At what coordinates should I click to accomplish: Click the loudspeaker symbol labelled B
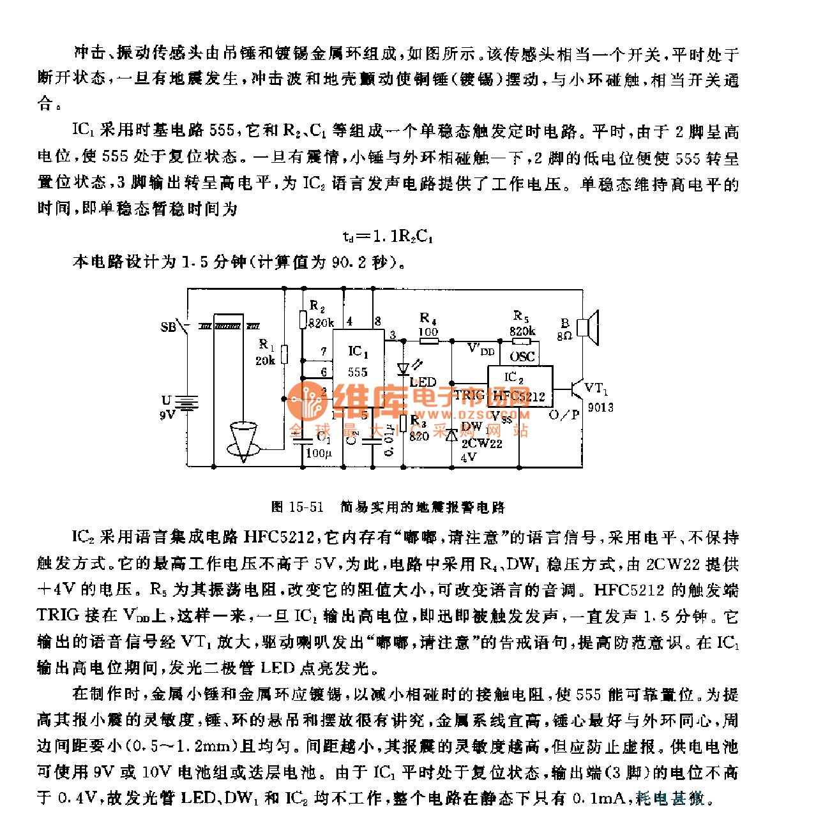588,327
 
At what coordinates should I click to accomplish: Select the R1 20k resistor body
284,354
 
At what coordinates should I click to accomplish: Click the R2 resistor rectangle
303,319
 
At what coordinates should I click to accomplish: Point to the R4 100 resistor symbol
428,341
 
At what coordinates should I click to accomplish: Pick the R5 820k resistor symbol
522,341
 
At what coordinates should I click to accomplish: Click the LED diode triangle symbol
403,369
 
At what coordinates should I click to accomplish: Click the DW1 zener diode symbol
452,435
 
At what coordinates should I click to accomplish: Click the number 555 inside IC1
358,371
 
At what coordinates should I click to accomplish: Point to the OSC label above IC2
522,357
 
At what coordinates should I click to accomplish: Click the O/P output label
564,415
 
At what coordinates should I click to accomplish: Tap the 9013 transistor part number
600,407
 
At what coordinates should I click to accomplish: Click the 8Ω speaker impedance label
564,336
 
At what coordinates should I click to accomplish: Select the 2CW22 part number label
481,443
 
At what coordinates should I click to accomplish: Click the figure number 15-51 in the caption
306,507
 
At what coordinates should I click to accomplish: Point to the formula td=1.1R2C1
388,236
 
